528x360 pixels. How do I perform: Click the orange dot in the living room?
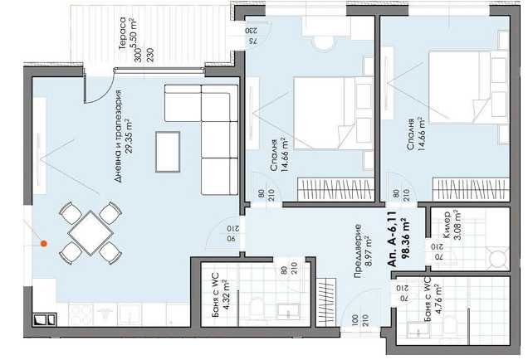44,244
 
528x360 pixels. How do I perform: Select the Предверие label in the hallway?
356,246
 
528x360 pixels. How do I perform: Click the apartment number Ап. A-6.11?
391,243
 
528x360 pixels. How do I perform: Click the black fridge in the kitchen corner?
42,318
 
